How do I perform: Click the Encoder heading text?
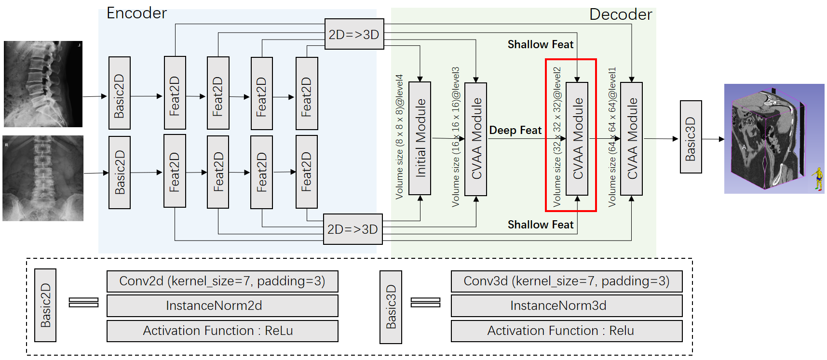(136, 13)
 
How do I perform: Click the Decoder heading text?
(620, 14)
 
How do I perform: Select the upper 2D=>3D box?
(354, 34)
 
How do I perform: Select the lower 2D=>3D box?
(352, 229)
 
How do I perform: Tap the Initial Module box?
(420, 138)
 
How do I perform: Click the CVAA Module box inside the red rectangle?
(577, 138)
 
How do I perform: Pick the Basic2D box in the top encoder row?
(119, 93)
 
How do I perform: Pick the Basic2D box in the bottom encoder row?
(119, 173)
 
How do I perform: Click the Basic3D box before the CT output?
(691, 137)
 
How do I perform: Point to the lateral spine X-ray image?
(43, 84)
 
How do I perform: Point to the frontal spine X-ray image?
(43, 178)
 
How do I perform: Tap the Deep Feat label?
(515, 130)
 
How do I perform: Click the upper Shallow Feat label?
(540, 45)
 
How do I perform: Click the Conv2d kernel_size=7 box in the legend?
(222, 281)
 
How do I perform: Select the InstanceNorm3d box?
(567, 306)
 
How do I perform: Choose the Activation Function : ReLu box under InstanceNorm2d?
(222, 331)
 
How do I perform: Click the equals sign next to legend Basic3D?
(425, 302)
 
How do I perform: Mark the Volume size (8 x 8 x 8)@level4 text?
(399, 137)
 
